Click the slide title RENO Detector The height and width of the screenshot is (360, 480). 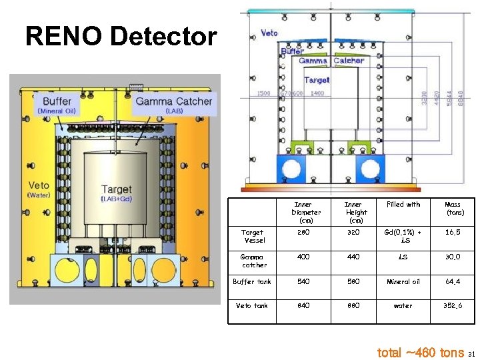tap(121, 37)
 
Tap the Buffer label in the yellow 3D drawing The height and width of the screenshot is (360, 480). tap(57, 101)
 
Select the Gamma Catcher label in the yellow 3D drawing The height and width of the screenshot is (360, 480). tap(173, 102)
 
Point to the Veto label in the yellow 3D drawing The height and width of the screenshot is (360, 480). tap(39, 185)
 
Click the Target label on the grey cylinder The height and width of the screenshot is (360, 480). tap(117, 190)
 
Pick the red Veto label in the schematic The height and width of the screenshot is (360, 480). tap(269, 33)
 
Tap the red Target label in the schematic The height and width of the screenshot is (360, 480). tap(317, 80)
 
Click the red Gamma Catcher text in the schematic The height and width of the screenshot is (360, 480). tap(331, 61)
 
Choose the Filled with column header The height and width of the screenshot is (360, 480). tap(403, 204)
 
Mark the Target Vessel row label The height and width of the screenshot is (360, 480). tap(254, 236)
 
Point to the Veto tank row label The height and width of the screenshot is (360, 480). tap(252, 306)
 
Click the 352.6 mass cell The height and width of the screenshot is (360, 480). tap(453, 306)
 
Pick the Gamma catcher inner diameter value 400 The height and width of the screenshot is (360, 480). tap(305, 257)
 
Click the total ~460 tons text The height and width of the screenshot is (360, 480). tap(421, 352)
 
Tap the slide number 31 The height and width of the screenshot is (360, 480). tap(471, 353)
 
